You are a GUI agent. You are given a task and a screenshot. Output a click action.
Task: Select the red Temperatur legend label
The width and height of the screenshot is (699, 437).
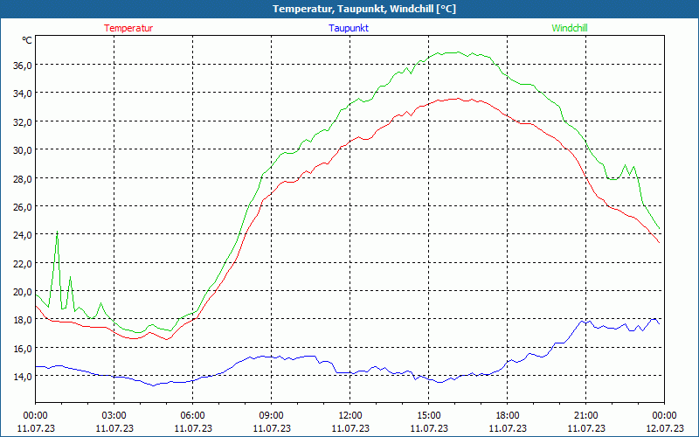tap(128, 28)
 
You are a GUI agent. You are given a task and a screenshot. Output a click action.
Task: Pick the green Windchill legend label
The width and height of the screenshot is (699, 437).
tap(570, 28)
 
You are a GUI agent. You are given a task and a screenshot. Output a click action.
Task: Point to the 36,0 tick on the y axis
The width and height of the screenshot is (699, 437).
tap(21, 65)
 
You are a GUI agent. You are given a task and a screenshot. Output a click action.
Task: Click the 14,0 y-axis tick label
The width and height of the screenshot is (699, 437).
tap(21, 376)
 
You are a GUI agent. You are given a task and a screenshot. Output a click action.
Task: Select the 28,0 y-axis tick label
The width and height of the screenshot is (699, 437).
tap(21, 178)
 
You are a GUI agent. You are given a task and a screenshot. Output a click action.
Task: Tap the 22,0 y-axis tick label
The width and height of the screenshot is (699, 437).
tap(21, 263)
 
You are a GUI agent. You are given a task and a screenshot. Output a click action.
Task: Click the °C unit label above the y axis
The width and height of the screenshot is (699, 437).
tap(27, 40)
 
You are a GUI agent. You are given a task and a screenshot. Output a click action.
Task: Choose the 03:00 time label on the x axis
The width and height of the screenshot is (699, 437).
tap(114, 414)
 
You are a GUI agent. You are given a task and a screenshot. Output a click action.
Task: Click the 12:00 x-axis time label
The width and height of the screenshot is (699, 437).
tap(349, 414)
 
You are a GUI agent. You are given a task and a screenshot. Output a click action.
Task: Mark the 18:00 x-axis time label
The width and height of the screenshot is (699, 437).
tap(507, 414)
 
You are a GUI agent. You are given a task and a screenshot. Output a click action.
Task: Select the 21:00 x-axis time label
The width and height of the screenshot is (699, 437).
tap(585, 414)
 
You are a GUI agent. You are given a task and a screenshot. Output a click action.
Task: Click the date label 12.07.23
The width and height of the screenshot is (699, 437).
tap(664, 427)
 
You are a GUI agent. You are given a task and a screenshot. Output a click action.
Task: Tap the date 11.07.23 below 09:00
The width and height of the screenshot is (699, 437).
tap(271, 427)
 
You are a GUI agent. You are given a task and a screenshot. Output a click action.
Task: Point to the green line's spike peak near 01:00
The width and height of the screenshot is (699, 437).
tap(57, 232)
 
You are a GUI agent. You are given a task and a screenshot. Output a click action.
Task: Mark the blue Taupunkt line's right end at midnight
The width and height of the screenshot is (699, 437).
tap(659, 324)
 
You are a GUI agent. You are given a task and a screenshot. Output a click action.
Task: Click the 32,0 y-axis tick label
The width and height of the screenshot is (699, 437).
tap(21, 121)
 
